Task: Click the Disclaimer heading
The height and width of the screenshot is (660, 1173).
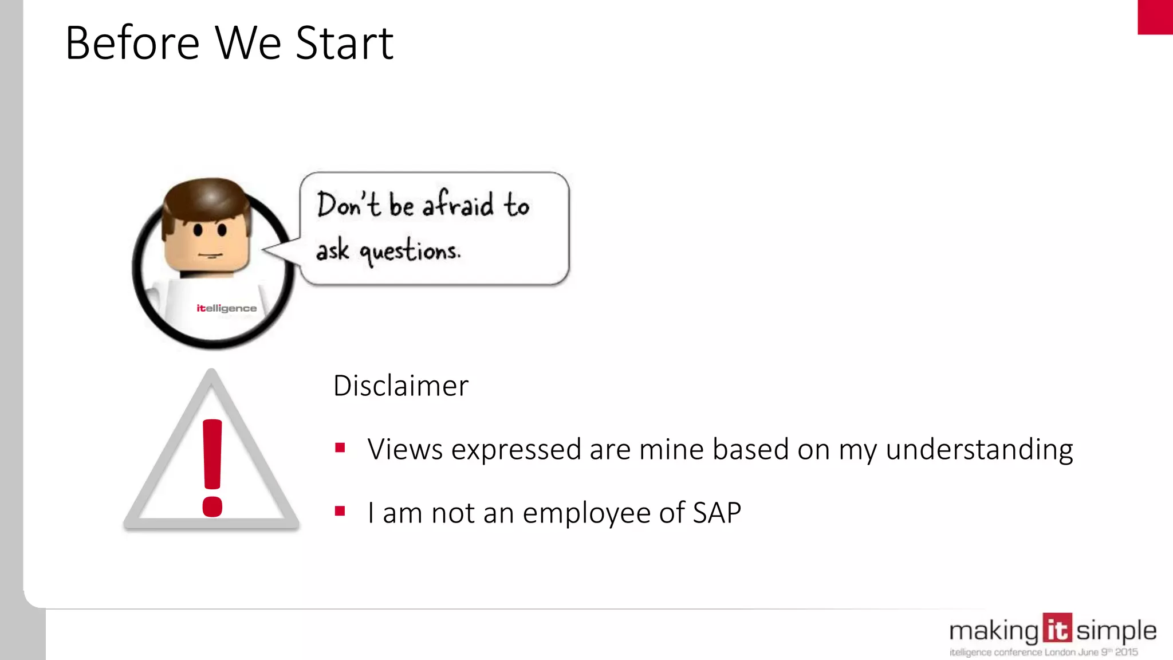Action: click(x=400, y=386)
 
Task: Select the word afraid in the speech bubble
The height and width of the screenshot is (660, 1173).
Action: click(x=458, y=204)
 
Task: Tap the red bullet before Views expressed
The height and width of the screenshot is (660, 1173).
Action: click(x=340, y=447)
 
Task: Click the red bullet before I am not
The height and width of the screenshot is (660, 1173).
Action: click(x=340, y=510)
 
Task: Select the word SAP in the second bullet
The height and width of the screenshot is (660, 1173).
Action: click(x=717, y=512)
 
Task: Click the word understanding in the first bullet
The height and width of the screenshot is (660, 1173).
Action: click(x=979, y=450)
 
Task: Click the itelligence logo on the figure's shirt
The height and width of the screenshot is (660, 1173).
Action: click(x=227, y=308)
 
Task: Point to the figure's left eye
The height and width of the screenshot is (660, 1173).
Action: click(x=198, y=230)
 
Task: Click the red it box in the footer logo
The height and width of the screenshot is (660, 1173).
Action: click(x=1057, y=628)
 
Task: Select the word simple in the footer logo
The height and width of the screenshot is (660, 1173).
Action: click(x=1116, y=631)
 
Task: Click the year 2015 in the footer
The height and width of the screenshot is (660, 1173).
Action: click(x=1126, y=652)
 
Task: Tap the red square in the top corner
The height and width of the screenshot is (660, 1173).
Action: click(x=1155, y=17)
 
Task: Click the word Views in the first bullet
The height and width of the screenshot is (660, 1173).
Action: click(x=405, y=449)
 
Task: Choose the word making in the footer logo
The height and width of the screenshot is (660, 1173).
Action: click(x=994, y=631)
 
